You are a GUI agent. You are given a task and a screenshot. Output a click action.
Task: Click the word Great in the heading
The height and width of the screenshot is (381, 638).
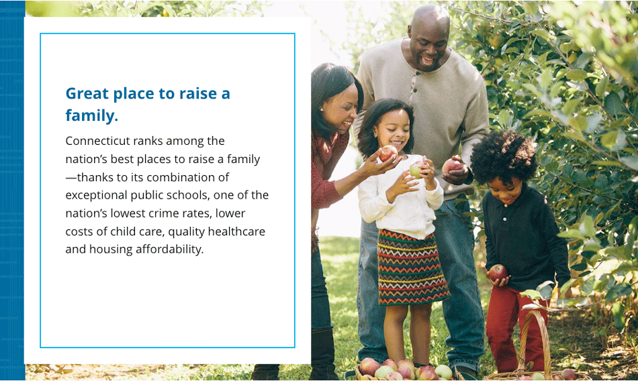click(87, 93)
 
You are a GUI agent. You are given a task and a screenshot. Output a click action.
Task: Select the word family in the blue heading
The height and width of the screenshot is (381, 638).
click(91, 115)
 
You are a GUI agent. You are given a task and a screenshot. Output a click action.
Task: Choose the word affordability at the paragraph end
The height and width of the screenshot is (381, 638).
click(169, 249)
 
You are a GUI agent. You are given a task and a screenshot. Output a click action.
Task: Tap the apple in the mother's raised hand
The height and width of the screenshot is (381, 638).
click(388, 154)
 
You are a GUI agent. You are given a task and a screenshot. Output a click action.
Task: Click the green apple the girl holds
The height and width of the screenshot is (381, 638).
click(416, 170)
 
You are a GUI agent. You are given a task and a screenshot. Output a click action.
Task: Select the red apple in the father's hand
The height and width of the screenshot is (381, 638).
click(451, 166)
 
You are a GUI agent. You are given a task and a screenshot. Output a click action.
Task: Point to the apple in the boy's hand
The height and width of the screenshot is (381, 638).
click(498, 273)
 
